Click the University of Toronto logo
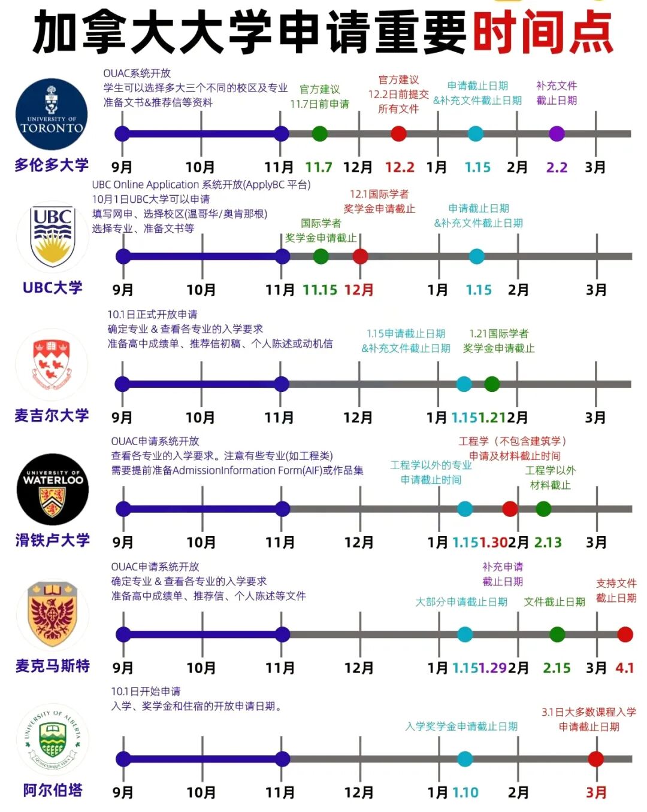pyautogui.click(x=52, y=114)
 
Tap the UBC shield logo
pyautogui.click(x=53, y=237)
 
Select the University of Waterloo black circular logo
pyautogui.click(x=53, y=489)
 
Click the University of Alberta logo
pyautogui.click(x=53, y=740)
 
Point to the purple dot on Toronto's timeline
pyautogui.click(x=557, y=133)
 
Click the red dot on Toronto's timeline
pyautogui.click(x=398, y=133)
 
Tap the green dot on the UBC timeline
pyautogui.click(x=321, y=257)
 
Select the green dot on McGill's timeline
pyautogui.click(x=492, y=384)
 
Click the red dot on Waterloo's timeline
pyautogui.click(x=510, y=509)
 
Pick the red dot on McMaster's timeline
pyautogui.click(x=625, y=634)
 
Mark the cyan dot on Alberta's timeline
pyautogui.click(x=465, y=759)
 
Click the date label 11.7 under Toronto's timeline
pyautogui.click(x=319, y=168)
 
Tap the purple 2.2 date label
pyautogui.click(x=557, y=168)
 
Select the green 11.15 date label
pyautogui.click(x=320, y=290)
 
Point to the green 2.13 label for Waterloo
pyautogui.click(x=548, y=543)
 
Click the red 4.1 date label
pyautogui.click(x=624, y=668)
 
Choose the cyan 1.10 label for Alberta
pyautogui.click(x=465, y=793)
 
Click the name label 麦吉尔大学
pyautogui.click(x=52, y=415)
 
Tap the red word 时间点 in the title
pyautogui.click(x=543, y=32)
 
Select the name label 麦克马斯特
pyautogui.click(x=53, y=665)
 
